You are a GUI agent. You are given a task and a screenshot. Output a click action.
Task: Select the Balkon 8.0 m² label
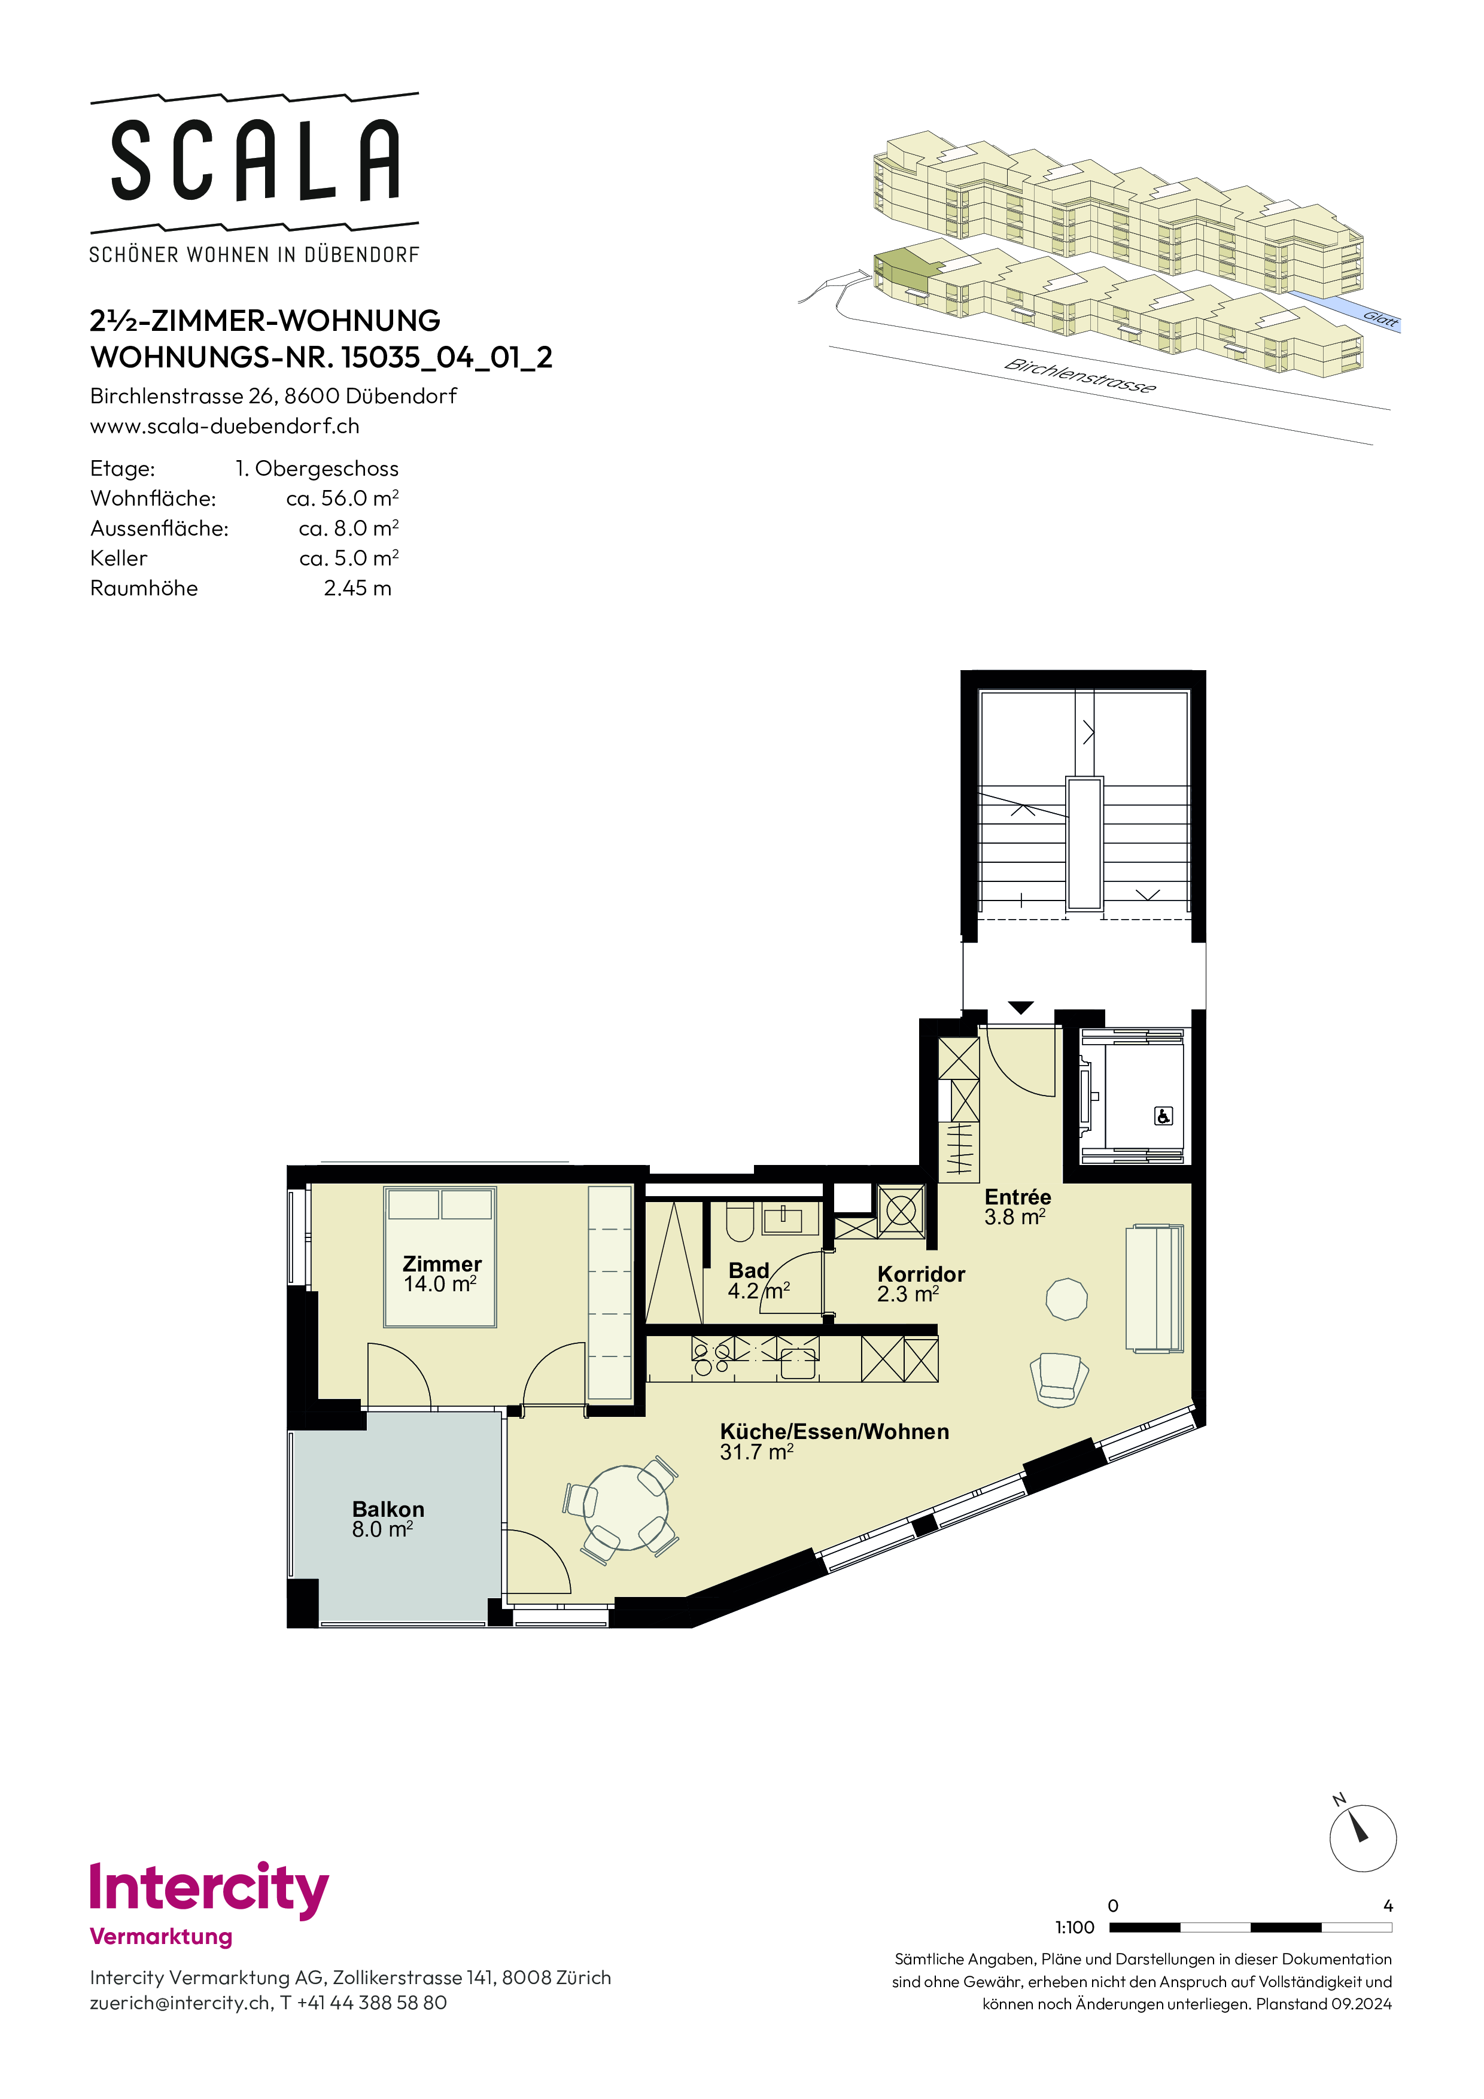click(388, 1519)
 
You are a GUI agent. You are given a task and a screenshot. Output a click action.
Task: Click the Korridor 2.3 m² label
click(921, 1283)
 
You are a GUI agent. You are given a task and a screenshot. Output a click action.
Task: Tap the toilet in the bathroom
click(740, 1221)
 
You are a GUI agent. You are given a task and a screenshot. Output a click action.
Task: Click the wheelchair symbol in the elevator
click(1163, 1115)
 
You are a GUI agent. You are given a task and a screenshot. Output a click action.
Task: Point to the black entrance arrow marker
click(1021, 1008)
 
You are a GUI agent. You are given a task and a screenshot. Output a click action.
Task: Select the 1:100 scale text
click(1074, 1927)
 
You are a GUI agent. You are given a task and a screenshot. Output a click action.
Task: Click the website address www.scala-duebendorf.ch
click(225, 426)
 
